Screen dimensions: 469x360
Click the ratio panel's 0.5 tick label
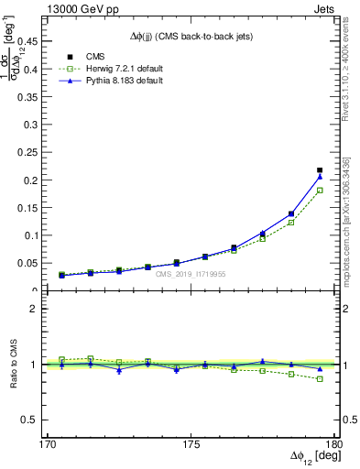point(37,420)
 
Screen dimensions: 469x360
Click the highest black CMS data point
point(320,170)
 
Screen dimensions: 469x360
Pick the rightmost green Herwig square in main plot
point(320,191)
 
